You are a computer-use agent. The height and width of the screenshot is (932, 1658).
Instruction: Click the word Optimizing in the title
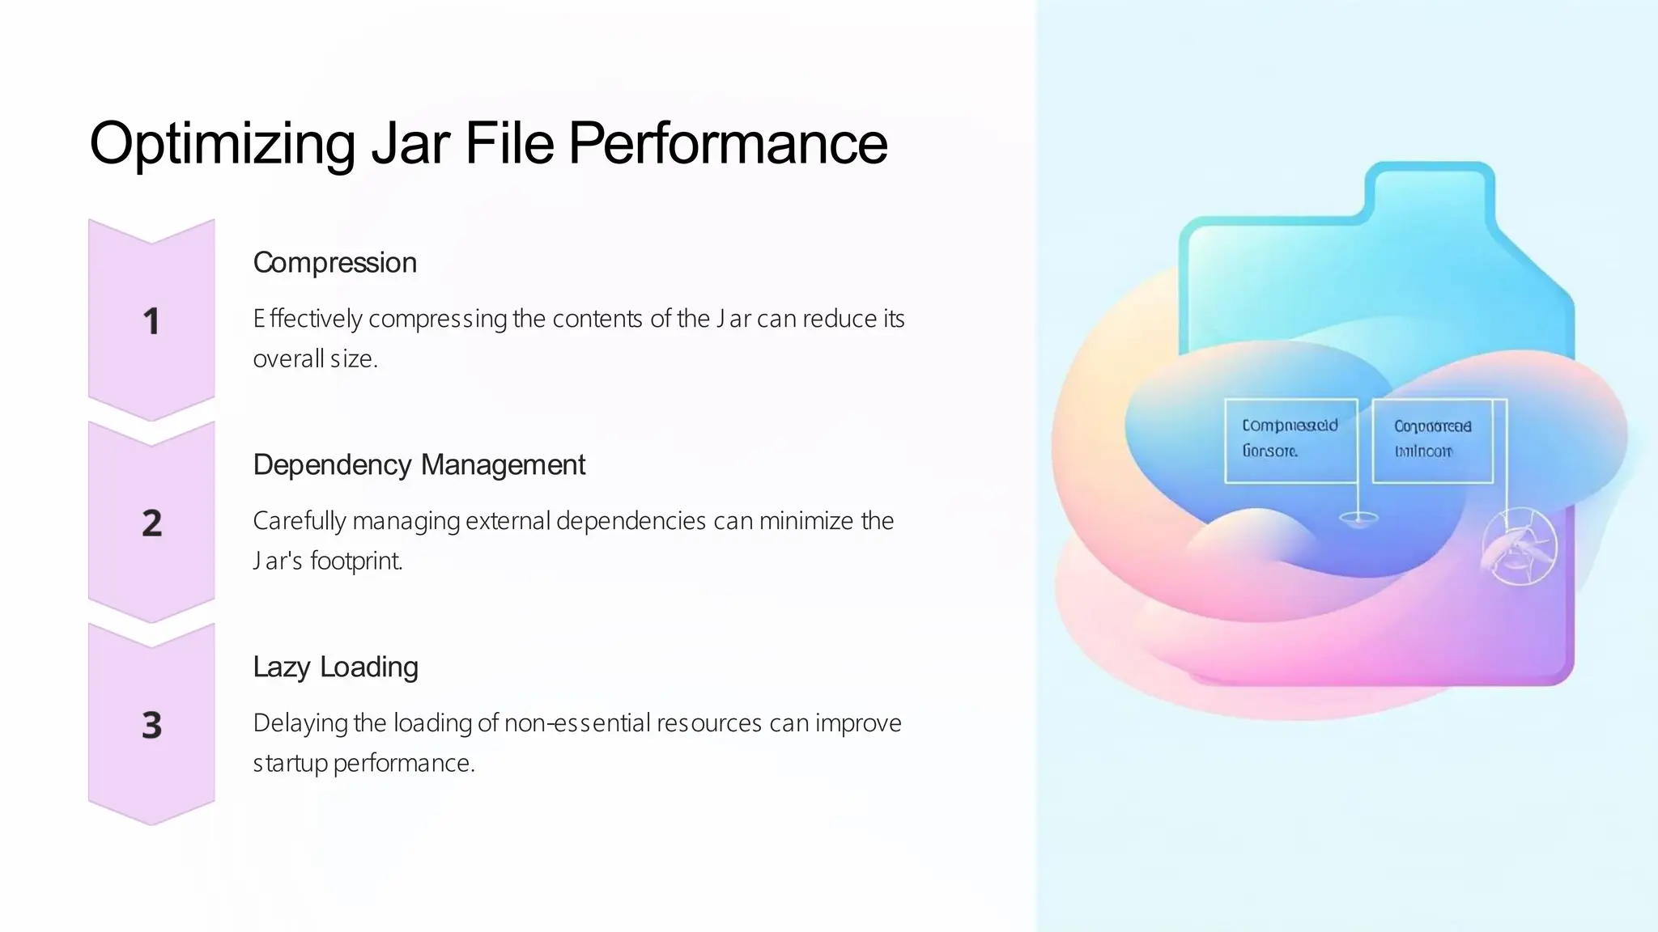click(222, 144)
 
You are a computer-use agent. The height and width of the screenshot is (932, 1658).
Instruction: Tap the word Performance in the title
click(727, 144)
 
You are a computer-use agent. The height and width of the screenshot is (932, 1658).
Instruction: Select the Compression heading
click(334, 263)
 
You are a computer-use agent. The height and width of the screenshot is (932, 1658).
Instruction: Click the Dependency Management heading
click(419, 465)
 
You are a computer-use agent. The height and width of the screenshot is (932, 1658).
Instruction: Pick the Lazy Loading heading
click(335, 667)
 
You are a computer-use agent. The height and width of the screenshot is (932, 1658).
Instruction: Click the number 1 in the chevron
click(151, 321)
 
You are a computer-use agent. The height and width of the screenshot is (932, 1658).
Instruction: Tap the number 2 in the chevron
click(151, 523)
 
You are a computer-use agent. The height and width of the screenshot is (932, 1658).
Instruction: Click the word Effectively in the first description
click(307, 319)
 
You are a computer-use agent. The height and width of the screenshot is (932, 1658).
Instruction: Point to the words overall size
click(315, 358)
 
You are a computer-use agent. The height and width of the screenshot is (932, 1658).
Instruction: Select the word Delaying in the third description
click(300, 723)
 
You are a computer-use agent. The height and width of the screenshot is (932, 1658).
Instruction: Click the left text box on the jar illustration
click(1290, 441)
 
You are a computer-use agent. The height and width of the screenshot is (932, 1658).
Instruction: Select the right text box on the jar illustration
click(1432, 441)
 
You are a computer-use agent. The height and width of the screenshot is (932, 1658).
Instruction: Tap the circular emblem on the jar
click(1519, 547)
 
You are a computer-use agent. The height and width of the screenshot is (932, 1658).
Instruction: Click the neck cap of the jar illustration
click(1429, 190)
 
